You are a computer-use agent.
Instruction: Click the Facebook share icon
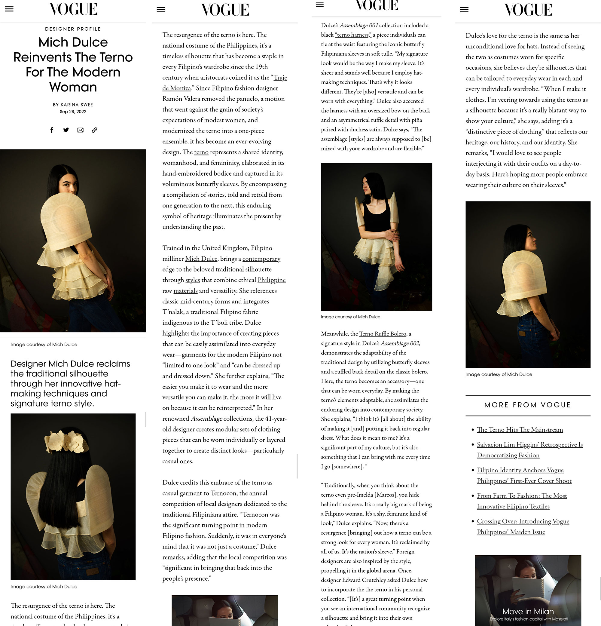point(52,130)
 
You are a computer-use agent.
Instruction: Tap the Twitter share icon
point(66,130)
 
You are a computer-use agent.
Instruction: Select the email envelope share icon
point(80,130)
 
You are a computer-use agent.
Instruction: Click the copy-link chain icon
point(94,130)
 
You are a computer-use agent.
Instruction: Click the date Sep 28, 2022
point(73,112)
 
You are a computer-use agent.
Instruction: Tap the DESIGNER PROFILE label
point(73,29)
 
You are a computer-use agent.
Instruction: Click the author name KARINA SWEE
point(77,104)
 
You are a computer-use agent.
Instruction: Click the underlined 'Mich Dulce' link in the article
point(201,259)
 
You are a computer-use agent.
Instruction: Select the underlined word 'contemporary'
point(261,259)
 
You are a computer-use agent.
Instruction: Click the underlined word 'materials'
point(185,291)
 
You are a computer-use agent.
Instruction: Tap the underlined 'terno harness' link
point(353,35)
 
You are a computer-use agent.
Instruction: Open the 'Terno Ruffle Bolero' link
point(382,334)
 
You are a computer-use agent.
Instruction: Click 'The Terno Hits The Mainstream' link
point(520,430)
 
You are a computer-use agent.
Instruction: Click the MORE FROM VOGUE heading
point(528,405)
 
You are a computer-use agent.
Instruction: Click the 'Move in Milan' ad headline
point(528,611)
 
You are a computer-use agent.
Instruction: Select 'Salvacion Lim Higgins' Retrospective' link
point(529,445)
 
